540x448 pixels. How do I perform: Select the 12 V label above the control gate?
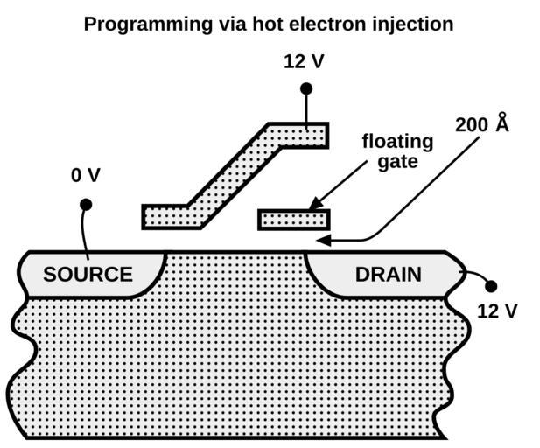tap(304, 62)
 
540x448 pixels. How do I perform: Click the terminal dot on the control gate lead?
tap(306, 88)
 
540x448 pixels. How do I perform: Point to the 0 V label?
tap(86, 176)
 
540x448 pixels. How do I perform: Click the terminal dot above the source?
tap(86, 205)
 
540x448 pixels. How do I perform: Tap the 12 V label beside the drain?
tap(497, 310)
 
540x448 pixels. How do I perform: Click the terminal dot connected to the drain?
tap(490, 286)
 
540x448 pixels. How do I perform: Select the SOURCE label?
tap(88, 275)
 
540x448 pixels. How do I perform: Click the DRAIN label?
tap(388, 275)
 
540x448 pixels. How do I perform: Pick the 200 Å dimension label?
tap(481, 124)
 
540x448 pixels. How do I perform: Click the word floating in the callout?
tap(397, 142)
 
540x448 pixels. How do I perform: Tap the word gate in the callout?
tap(397, 162)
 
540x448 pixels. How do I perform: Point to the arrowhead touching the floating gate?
tap(314, 206)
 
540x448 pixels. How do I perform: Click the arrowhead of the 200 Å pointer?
tap(322, 240)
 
